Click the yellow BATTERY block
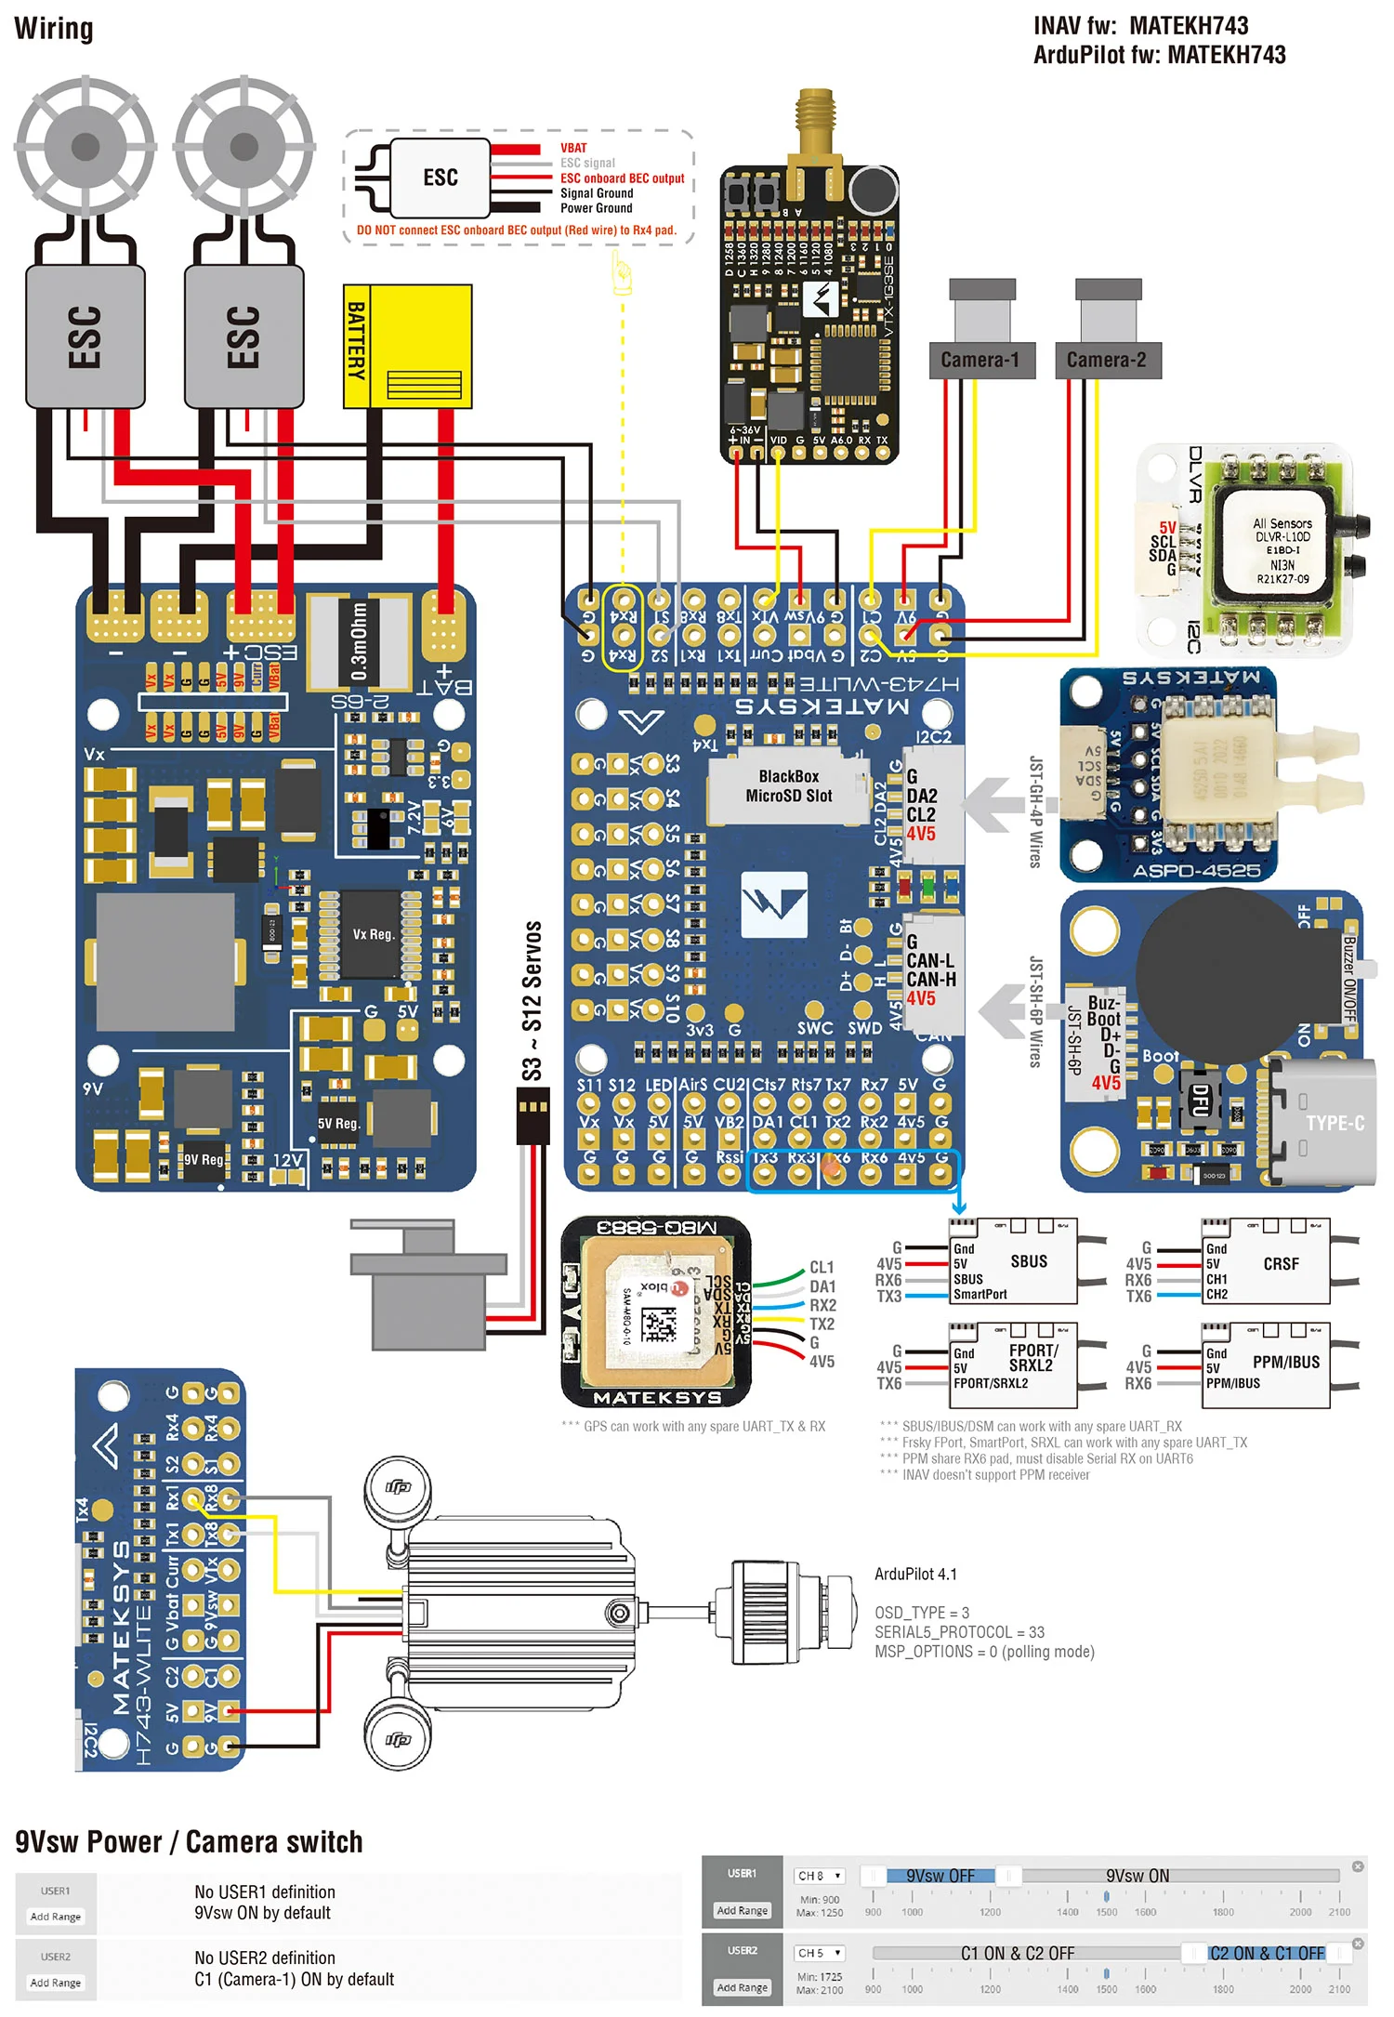[x=408, y=347]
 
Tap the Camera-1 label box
[x=980, y=361]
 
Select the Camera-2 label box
[x=1106, y=361]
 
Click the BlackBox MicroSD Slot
[x=788, y=786]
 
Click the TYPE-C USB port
[x=1324, y=1123]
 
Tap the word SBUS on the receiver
[x=1029, y=1261]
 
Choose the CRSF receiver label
[x=1281, y=1264]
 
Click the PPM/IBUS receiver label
[x=1285, y=1363]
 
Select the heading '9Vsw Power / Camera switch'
[x=189, y=1842]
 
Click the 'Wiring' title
[x=54, y=29]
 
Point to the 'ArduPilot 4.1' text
[x=915, y=1575]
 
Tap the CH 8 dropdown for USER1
[x=818, y=1876]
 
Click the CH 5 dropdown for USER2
[x=818, y=1953]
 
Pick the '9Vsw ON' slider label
[x=1137, y=1876]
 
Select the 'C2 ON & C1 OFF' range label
[x=1266, y=1953]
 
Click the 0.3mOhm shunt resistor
[x=359, y=641]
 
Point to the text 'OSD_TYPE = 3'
[x=921, y=1613]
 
